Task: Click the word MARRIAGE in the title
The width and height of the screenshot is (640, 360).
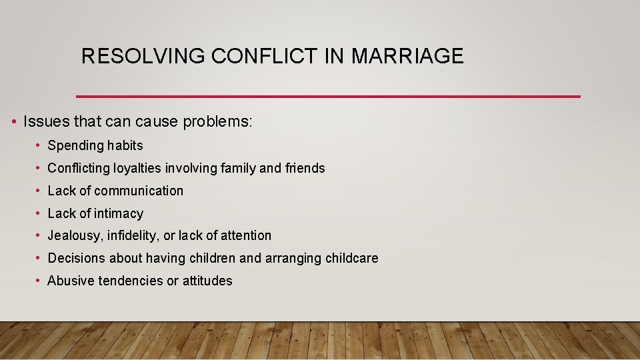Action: tap(407, 56)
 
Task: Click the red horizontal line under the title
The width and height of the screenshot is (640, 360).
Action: tap(328, 97)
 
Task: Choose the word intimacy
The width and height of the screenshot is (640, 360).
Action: tap(119, 213)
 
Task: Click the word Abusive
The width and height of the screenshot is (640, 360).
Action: tap(71, 281)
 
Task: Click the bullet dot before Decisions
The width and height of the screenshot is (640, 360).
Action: tap(40, 259)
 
